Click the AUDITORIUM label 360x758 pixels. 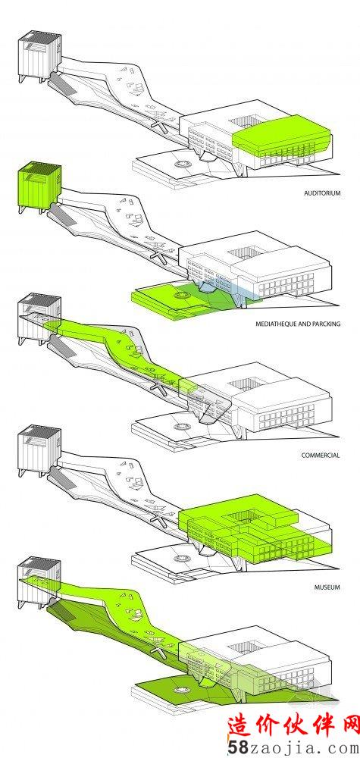pos(322,193)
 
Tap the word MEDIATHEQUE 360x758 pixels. pos(276,324)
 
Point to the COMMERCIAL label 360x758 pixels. pos(321,456)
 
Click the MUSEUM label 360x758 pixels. pos(328,587)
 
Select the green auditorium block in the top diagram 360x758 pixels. pos(282,136)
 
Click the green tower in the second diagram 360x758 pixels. pos(39,186)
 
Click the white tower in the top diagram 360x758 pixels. pos(39,55)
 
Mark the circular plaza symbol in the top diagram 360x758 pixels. pos(183,164)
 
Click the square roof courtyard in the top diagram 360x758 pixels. pos(246,124)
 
